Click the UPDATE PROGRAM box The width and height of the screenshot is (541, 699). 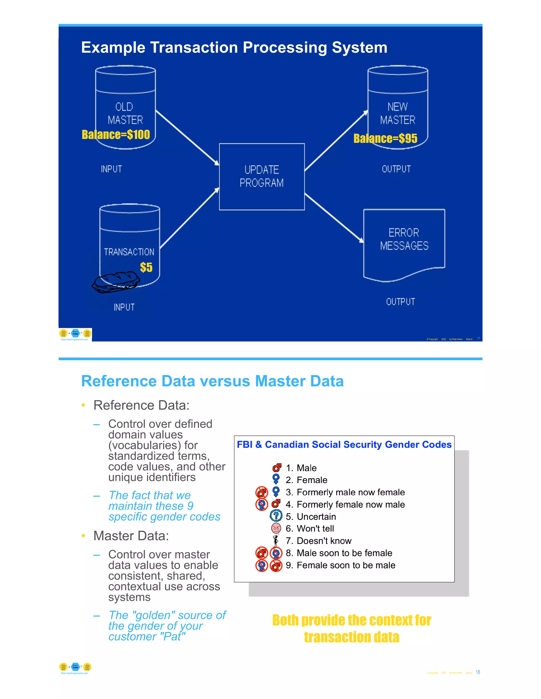[262, 176]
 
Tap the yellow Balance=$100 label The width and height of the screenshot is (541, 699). [116, 135]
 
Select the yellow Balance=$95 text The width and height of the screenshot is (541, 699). [385, 138]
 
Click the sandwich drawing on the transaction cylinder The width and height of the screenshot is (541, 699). [116, 282]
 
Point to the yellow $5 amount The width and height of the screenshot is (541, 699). [146, 267]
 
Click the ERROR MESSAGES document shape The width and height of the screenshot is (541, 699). [404, 243]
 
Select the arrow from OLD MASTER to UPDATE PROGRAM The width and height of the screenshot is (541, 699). [187, 138]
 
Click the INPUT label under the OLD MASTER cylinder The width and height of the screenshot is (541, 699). [111, 169]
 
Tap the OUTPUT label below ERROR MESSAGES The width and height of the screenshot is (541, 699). [400, 301]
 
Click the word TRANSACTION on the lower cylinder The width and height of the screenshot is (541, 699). [129, 252]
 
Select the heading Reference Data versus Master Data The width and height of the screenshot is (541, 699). [212, 381]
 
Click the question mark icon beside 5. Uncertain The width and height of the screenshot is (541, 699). [276, 516]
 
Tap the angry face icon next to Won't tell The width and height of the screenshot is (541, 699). [276, 528]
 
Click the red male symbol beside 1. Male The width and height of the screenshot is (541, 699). [277, 468]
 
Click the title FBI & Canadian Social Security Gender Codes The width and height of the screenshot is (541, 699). [344, 444]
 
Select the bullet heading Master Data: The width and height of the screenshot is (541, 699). [131, 536]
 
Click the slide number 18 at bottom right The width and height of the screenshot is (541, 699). [478, 672]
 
